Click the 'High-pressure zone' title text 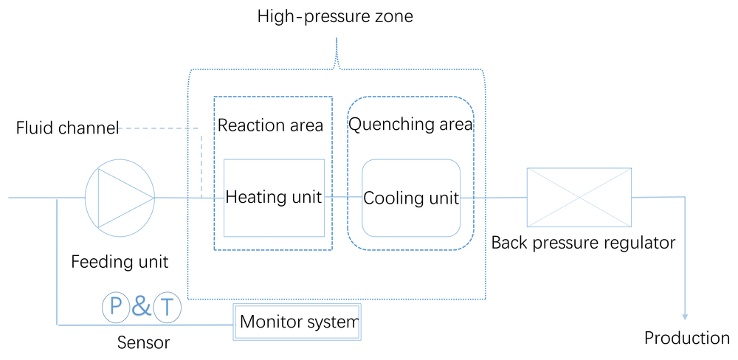334,16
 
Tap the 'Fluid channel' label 68,128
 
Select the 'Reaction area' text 270,125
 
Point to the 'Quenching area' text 410,125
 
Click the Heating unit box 274,197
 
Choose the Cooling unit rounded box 411,198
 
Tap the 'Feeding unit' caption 120,261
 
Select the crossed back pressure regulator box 579,197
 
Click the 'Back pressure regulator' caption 583,243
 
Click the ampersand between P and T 141,306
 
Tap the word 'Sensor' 143,342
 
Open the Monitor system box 297,322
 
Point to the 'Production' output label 686,338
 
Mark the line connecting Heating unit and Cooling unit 342,197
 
